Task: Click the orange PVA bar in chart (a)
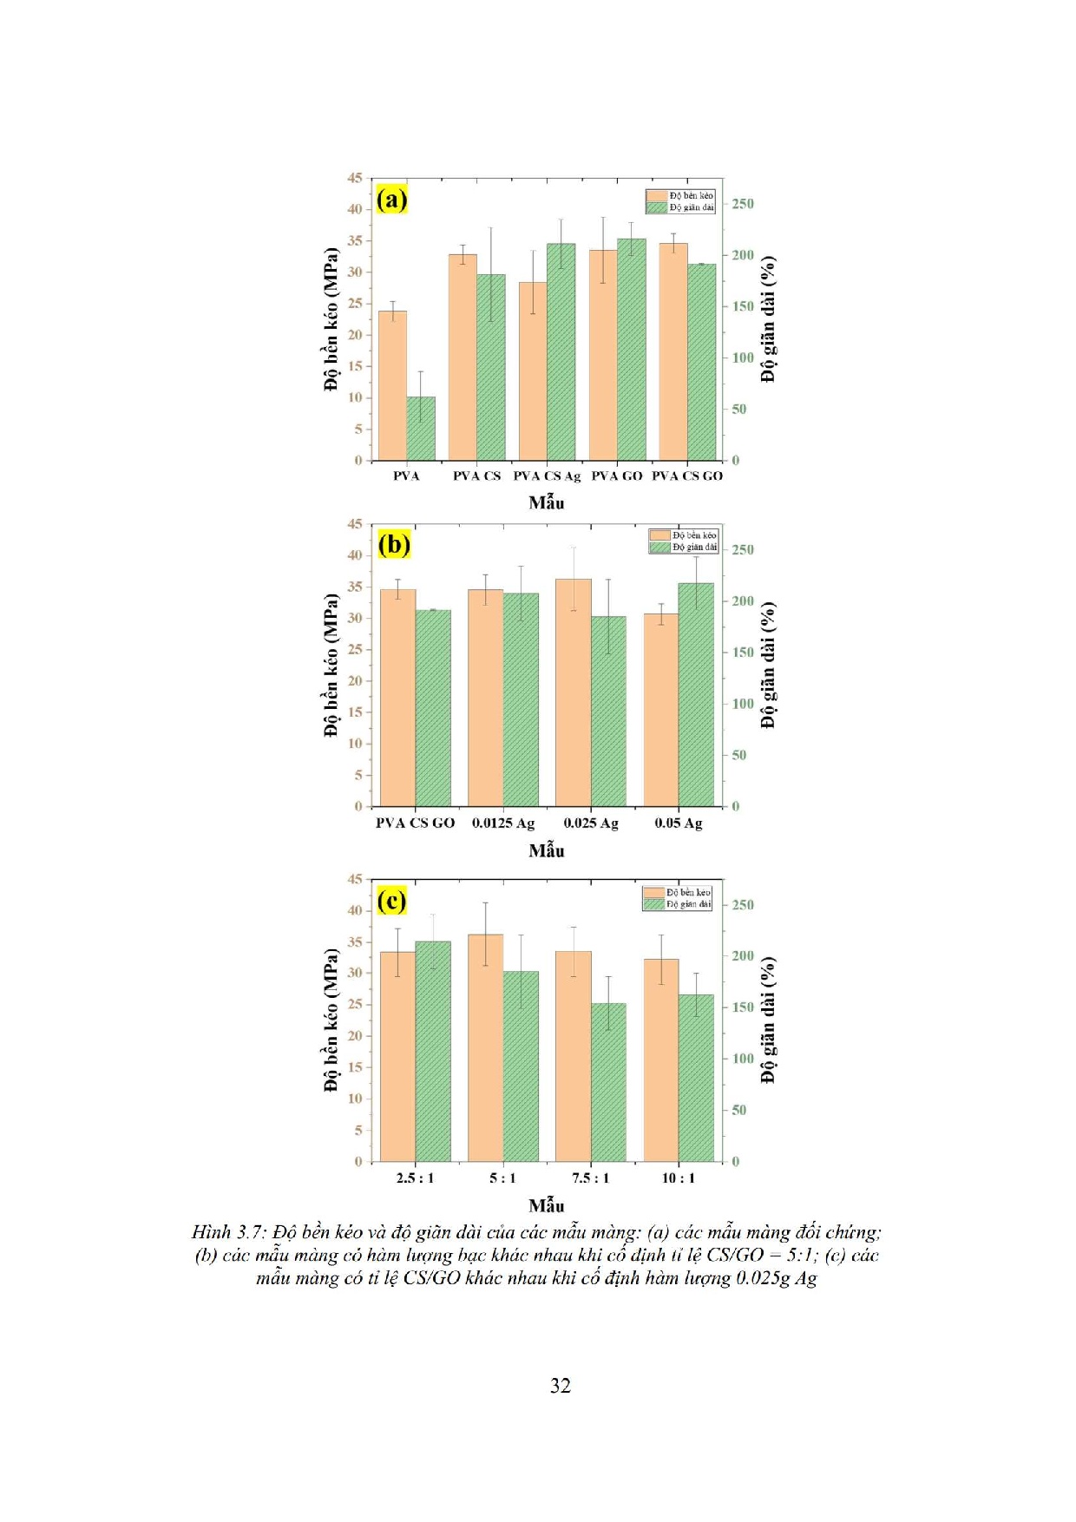click(393, 385)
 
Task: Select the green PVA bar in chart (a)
click(421, 429)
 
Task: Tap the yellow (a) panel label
click(391, 200)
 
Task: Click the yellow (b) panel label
click(394, 545)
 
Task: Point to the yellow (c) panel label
click(391, 901)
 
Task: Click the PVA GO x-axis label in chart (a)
click(617, 476)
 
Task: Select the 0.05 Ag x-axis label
click(679, 823)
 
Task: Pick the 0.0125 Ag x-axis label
click(503, 823)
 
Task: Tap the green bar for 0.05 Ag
click(696, 694)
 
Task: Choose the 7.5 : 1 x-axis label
click(590, 1178)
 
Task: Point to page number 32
click(561, 1386)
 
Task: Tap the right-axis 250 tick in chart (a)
click(743, 204)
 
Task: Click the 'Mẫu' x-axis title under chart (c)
click(547, 1205)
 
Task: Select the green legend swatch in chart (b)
click(660, 548)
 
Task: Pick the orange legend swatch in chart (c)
click(653, 892)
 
